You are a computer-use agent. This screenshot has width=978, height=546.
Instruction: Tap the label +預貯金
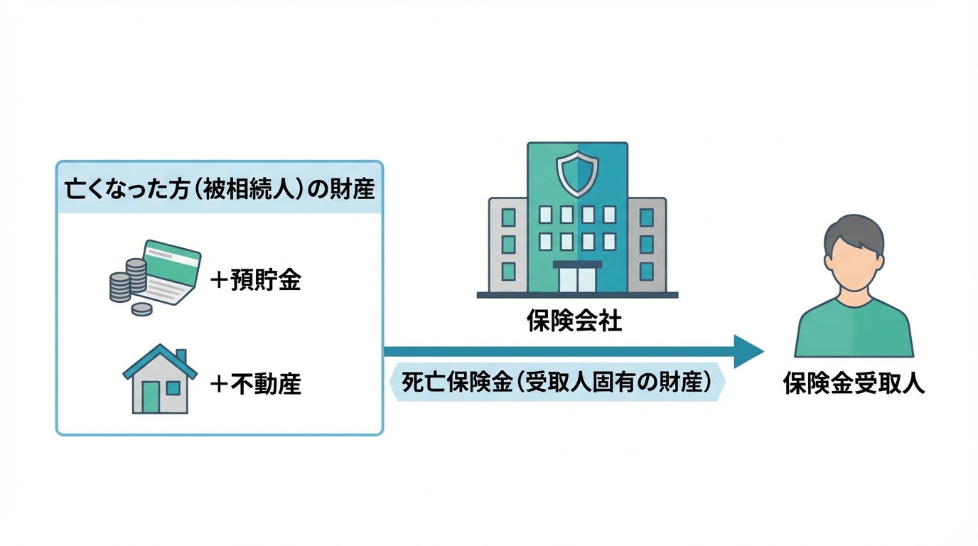coord(257,281)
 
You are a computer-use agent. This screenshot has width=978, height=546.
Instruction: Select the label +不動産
coord(257,385)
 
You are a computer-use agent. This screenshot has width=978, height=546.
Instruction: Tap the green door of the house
coord(151,397)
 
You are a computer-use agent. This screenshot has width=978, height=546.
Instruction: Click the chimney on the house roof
coord(181,355)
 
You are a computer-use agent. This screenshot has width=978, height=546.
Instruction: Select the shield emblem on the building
coord(577,171)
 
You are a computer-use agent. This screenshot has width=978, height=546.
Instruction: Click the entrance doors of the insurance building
coord(577,279)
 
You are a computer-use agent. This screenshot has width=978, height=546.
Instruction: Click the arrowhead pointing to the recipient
coord(748,351)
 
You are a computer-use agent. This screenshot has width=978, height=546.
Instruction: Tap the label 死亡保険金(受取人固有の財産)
coord(557,382)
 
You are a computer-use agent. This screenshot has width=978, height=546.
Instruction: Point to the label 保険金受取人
coord(854,385)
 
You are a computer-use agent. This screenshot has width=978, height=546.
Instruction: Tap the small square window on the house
coord(173,388)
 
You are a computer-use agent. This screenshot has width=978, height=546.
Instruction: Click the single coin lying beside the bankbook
coord(142,309)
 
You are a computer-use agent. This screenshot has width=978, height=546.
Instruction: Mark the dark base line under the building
coord(577,295)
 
